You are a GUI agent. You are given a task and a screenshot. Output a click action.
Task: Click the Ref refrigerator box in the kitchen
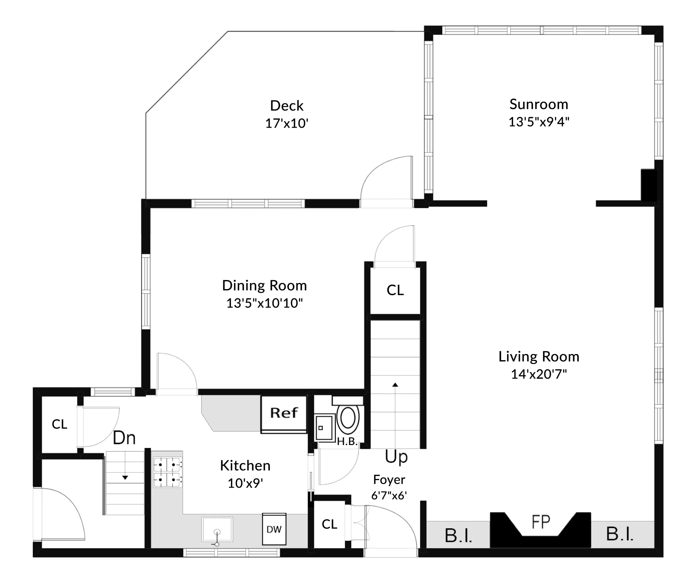(x=284, y=413)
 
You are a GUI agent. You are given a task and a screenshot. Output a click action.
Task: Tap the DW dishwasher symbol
(x=274, y=529)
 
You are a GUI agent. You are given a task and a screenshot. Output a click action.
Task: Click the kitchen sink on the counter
(x=217, y=529)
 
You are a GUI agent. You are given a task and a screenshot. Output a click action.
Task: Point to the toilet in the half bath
(x=348, y=418)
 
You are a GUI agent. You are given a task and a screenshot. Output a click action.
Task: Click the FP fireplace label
(x=540, y=522)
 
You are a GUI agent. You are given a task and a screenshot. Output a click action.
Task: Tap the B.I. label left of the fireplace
(x=458, y=536)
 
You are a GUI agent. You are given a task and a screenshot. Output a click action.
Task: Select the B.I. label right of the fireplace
(x=620, y=534)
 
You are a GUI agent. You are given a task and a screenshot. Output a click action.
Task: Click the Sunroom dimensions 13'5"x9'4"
(x=539, y=122)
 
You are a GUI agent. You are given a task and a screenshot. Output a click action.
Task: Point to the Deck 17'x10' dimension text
(x=287, y=123)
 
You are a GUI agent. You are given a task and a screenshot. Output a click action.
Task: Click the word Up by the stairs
(x=396, y=457)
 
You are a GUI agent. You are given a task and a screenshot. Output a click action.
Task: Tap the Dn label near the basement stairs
(x=124, y=438)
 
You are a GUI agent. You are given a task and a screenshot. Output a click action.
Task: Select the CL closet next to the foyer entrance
(x=329, y=524)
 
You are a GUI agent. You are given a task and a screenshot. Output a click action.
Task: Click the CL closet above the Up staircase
(x=395, y=290)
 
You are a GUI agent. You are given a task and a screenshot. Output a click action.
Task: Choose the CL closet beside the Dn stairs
(x=60, y=424)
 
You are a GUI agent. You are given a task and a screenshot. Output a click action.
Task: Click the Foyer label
(x=389, y=479)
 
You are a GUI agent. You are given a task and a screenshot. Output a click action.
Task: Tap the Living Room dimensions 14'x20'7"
(x=539, y=374)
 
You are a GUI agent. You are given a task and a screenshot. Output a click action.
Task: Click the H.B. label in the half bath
(x=347, y=442)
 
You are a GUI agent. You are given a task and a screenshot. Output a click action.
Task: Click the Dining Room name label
(x=264, y=286)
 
